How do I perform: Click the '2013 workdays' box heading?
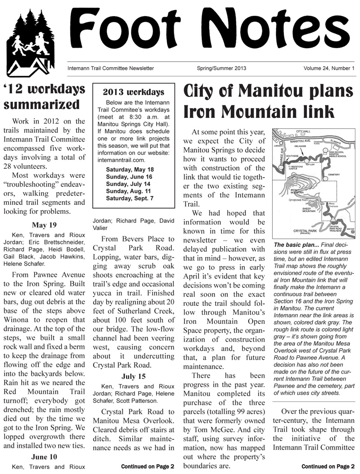(x=134, y=92)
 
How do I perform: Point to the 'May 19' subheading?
(x=44, y=225)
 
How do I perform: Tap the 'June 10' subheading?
(x=44, y=456)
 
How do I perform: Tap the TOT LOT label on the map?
(x=310, y=165)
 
